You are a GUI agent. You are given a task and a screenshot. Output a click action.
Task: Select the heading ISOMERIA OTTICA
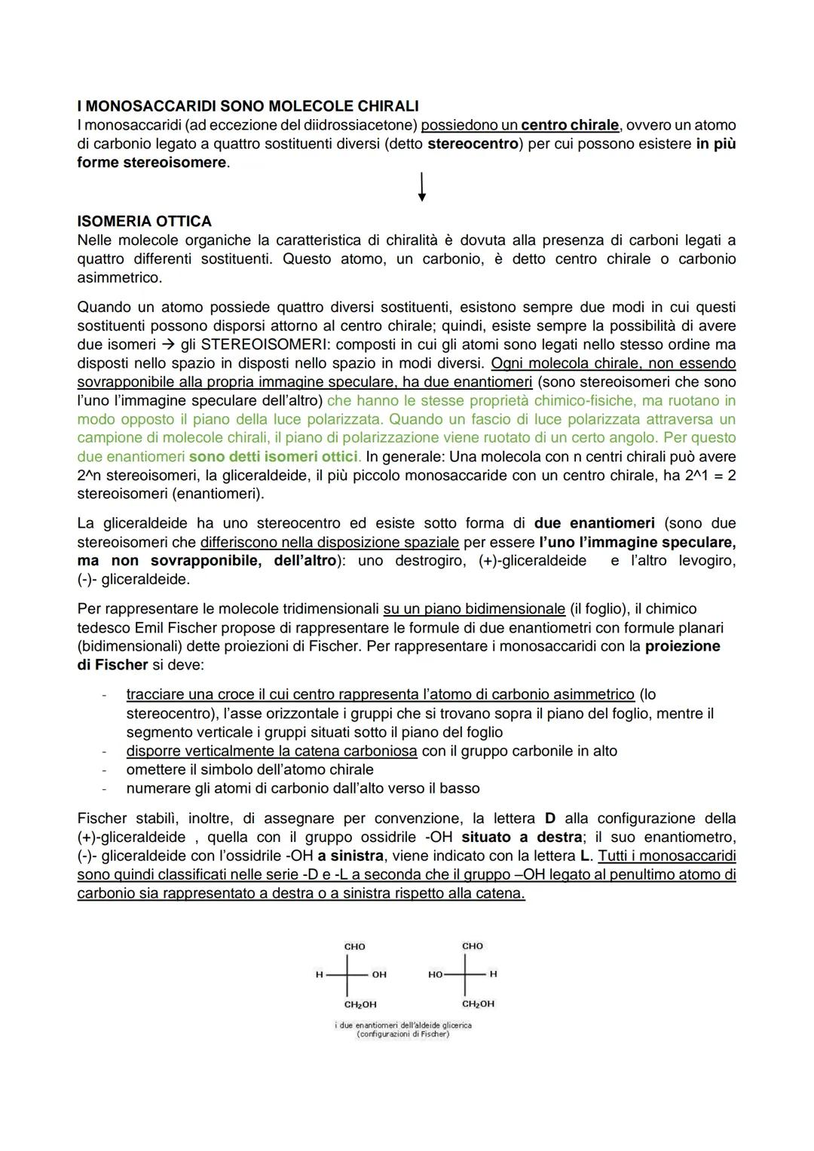click(x=144, y=222)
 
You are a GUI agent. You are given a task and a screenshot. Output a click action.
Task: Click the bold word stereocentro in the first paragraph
click(x=473, y=143)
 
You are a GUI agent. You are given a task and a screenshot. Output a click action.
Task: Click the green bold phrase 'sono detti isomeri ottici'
click(x=275, y=457)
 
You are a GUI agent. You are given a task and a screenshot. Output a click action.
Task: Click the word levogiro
click(x=706, y=561)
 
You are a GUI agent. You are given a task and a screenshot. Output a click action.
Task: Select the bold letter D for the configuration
click(x=549, y=818)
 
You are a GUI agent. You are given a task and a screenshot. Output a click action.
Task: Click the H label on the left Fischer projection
click(x=319, y=975)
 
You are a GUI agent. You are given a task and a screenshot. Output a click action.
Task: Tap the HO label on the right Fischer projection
click(x=435, y=975)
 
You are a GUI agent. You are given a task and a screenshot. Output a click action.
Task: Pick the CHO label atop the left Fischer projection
click(x=354, y=947)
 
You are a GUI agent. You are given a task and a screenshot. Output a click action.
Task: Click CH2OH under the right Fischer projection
click(x=479, y=1004)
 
